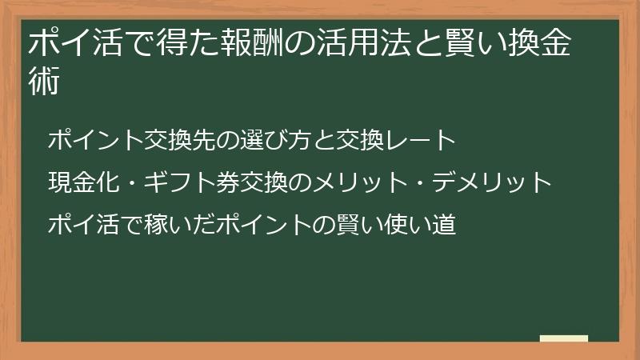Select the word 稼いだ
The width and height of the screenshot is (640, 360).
click(186, 225)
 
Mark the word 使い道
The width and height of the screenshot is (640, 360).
click(420, 225)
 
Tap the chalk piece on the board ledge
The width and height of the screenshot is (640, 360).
click(563, 338)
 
